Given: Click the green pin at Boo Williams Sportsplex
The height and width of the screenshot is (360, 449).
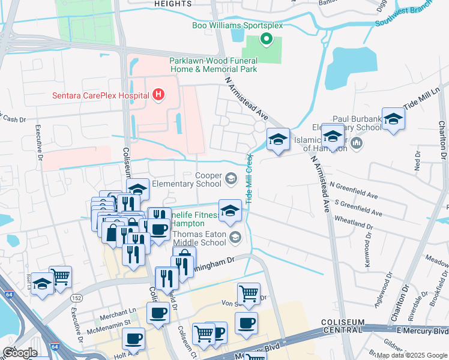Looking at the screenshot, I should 267,40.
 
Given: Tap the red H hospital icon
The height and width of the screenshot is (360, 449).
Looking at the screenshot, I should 158,94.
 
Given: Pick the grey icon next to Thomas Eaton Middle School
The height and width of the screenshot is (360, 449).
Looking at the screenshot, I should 236,238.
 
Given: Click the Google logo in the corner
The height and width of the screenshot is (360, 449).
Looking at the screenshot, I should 19,352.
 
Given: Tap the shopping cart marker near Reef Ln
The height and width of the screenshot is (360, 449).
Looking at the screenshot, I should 61,277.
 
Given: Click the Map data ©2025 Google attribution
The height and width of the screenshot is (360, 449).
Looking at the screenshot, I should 412,355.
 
